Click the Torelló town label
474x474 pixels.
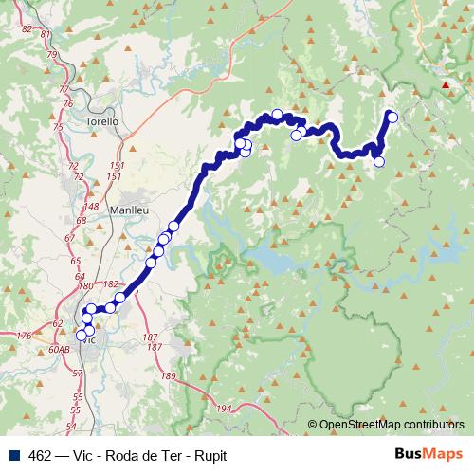100,122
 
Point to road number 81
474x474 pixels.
46,34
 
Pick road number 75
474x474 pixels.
58,126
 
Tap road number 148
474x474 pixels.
92,206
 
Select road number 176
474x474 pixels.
25,336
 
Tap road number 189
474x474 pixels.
169,376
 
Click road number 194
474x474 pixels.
224,409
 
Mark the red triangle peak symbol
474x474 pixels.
446,85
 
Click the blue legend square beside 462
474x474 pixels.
13,454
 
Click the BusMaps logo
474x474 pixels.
428,454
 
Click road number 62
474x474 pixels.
58,323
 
